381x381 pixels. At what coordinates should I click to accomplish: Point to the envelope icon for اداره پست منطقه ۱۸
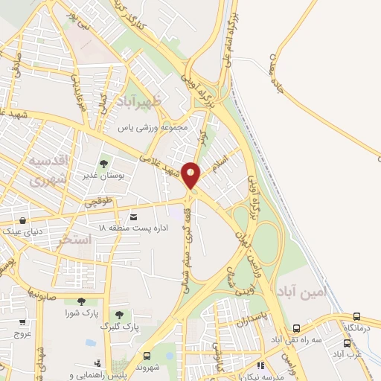pyautogui.click(x=133, y=217)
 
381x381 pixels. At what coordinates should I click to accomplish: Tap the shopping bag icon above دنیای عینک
pyautogui.click(x=24, y=221)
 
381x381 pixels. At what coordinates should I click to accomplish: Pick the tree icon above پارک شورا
pyautogui.click(x=80, y=301)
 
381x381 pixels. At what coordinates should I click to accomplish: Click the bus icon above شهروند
pyautogui.click(x=147, y=356)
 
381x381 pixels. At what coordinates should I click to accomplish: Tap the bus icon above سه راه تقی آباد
pyautogui.click(x=297, y=328)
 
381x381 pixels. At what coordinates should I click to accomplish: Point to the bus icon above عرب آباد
pyautogui.click(x=347, y=344)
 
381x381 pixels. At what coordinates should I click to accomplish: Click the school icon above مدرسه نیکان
pyautogui.click(x=260, y=365)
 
